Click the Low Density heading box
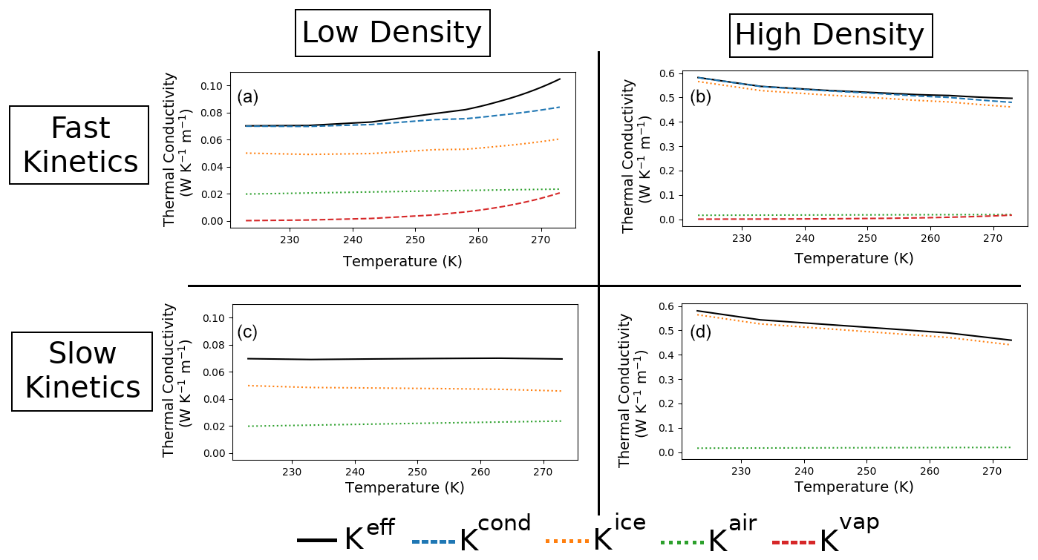tap(392, 33)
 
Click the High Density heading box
tap(830, 36)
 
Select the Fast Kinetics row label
tap(79, 145)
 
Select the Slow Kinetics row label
tap(82, 371)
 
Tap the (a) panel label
tap(247, 97)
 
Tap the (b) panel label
tap(700, 96)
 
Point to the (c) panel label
tap(247, 332)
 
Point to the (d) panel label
tap(700, 332)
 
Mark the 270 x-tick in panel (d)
tap(993, 471)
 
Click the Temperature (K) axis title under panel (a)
tap(402, 261)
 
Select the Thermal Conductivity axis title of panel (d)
tap(631, 389)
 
